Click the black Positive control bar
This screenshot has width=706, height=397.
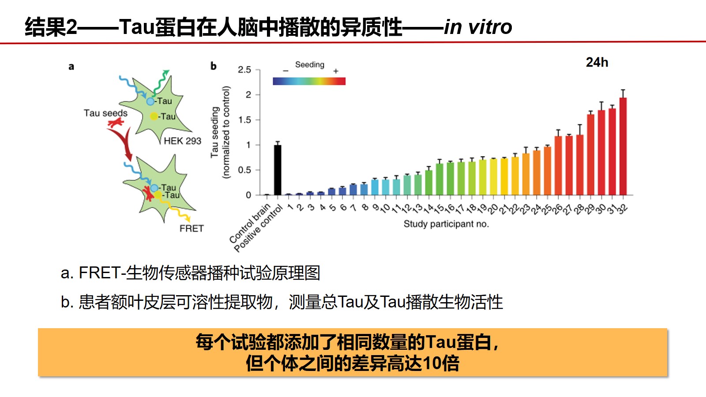coord(278,170)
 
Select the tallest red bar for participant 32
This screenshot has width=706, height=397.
coord(623,146)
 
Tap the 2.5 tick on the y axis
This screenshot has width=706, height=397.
coord(244,70)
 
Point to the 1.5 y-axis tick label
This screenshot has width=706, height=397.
coord(244,120)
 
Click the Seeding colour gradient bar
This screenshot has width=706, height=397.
coord(309,81)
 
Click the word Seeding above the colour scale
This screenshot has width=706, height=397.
coord(309,65)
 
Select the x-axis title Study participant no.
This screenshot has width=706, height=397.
coord(446,224)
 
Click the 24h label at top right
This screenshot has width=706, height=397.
coord(597,63)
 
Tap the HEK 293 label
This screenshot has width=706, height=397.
coord(182,141)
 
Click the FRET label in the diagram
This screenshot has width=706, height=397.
coord(192,228)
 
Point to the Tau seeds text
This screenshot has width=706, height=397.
coord(105,113)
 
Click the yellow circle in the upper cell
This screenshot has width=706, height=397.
coord(154,116)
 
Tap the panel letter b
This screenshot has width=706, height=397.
coord(214,66)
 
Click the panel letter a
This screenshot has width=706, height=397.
coord(71,67)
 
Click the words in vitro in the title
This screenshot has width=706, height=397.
coord(478,27)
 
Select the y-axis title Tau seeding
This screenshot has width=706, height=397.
coord(215,132)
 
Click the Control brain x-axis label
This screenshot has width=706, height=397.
coord(250,224)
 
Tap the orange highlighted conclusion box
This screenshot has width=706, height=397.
coord(353,352)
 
